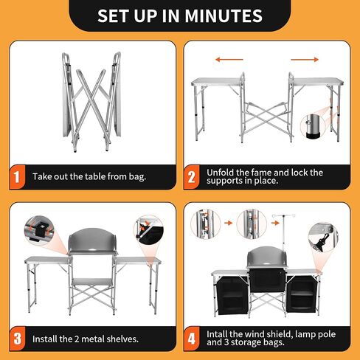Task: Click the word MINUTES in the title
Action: tap(224, 15)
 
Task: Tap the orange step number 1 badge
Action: tap(17, 177)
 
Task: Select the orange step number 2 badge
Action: tap(191, 177)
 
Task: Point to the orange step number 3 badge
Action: tap(17, 339)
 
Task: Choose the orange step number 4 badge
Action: tap(192, 339)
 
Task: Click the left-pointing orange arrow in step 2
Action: tap(229, 59)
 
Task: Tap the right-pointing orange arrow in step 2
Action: tap(305, 59)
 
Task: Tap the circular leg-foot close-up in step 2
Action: tap(313, 127)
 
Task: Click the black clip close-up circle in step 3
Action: tap(39, 231)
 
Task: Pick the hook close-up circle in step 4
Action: tap(323, 238)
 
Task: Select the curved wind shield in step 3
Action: tap(92, 240)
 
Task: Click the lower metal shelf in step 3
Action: tap(92, 282)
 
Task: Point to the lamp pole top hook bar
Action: tap(283, 215)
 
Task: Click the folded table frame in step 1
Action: tap(91, 102)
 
